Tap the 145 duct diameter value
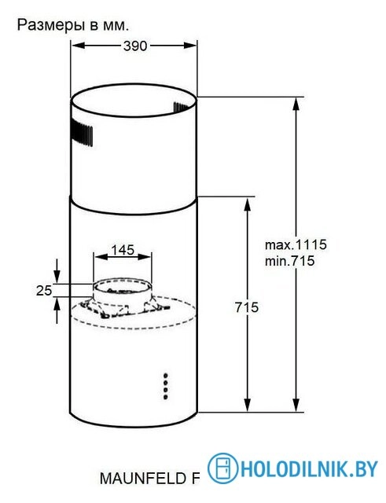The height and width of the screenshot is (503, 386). click(122, 250)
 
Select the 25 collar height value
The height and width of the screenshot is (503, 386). click(44, 290)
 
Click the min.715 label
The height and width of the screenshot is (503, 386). click(290, 262)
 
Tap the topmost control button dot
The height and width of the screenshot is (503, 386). click(166, 373)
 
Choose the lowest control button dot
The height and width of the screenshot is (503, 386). click(166, 392)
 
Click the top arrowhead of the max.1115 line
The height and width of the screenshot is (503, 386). click(297, 102)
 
